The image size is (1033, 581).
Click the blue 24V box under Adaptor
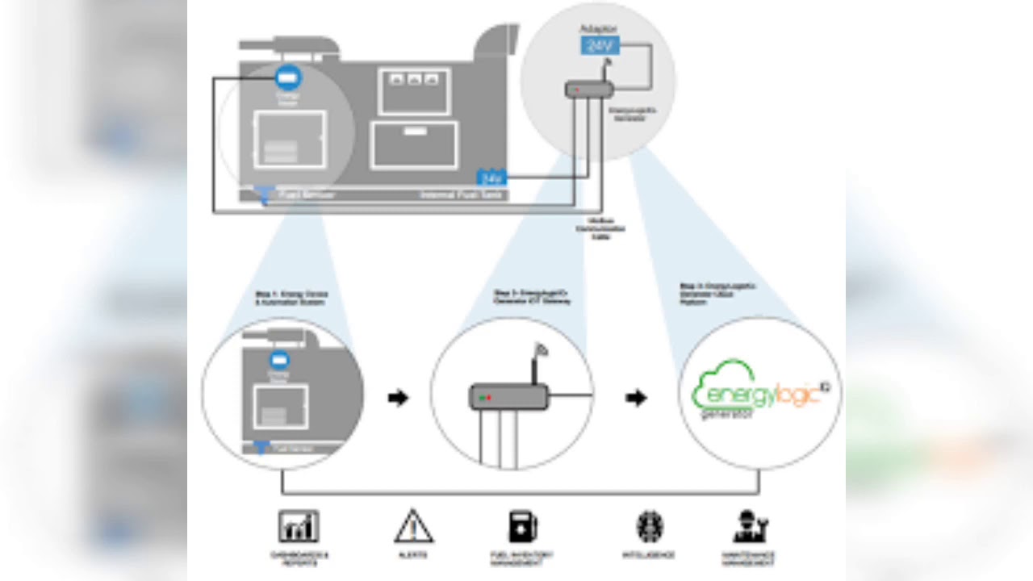(600, 45)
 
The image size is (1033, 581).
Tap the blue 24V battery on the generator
(491, 177)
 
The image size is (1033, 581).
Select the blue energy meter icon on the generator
(287, 77)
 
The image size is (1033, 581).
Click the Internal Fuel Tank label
(462, 195)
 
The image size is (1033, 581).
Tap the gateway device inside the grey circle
(589, 90)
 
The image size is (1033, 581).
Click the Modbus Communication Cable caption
(600, 228)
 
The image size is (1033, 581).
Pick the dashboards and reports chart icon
(299, 527)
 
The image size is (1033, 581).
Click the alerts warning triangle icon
(414, 527)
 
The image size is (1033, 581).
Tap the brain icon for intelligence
(650, 527)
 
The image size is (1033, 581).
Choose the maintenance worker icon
(750, 527)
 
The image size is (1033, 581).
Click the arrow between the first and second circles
(399, 398)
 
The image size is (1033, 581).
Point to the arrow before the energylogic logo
(637, 398)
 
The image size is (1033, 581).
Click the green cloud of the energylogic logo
(722, 383)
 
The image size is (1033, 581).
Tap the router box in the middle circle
(509, 397)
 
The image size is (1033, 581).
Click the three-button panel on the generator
(414, 79)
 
